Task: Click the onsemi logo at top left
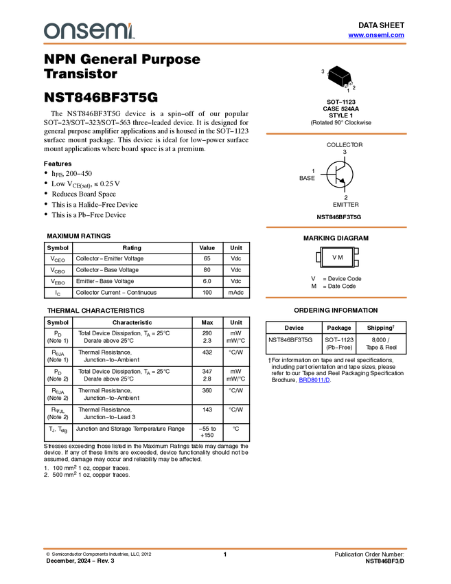(x=89, y=31)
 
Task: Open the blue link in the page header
(x=376, y=35)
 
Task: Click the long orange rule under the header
(x=225, y=44)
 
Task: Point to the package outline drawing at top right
(x=340, y=78)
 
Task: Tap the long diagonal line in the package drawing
(x=336, y=74)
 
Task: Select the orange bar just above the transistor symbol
(x=336, y=133)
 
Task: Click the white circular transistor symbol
(x=339, y=175)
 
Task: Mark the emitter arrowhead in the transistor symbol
(x=343, y=181)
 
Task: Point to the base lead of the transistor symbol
(x=330, y=175)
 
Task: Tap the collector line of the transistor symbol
(x=340, y=168)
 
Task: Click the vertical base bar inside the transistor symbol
(x=336, y=175)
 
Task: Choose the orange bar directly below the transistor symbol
(x=336, y=227)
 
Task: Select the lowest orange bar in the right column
(x=336, y=297)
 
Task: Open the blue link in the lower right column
(x=314, y=380)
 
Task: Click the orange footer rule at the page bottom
(x=225, y=548)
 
